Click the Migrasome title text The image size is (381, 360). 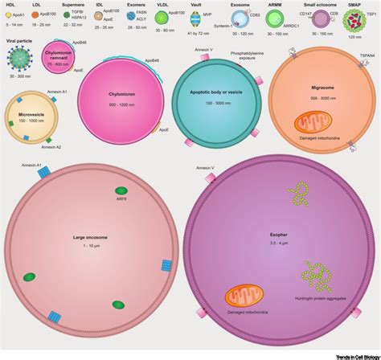click(x=322, y=88)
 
